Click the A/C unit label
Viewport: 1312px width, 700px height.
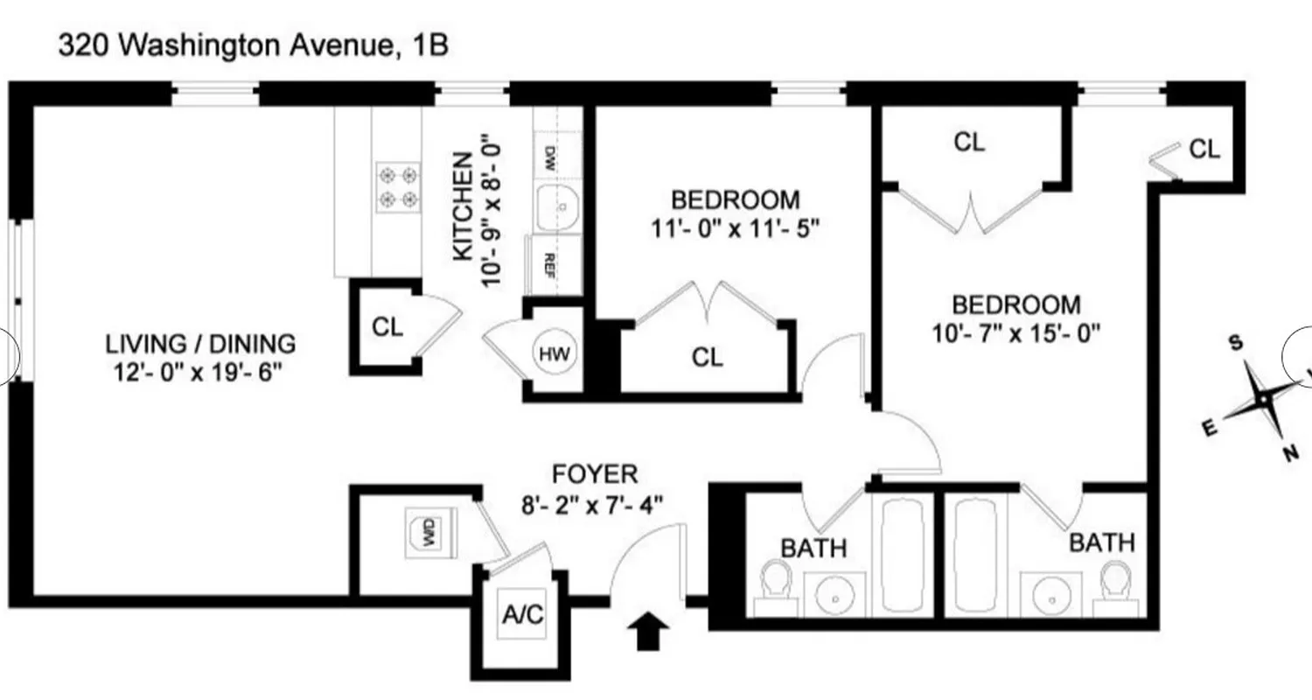pyautogui.click(x=523, y=615)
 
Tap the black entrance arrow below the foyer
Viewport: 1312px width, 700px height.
pyautogui.click(x=649, y=631)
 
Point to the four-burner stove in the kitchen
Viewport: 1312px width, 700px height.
pyautogui.click(x=396, y=188)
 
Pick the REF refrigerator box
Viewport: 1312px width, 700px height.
pyautogui.click(x=550, y=263)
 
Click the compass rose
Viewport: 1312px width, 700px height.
pyautogui.click(x=1262, y=398)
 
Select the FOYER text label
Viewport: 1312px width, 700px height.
pyautogui.click(x=595, y=475)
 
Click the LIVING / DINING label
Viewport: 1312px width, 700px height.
pyautogui.click(x=200, y=344)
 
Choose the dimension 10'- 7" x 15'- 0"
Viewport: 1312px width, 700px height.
pyautogui.click(x=1015, y=332)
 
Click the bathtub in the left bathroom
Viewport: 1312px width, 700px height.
pyautogui.click(x=906, y=555)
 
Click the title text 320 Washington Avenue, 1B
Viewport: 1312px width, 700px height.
pyautogui.click(x=254, y=45)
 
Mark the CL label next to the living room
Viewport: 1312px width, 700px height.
pyautogui.click(x=387, y=327)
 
